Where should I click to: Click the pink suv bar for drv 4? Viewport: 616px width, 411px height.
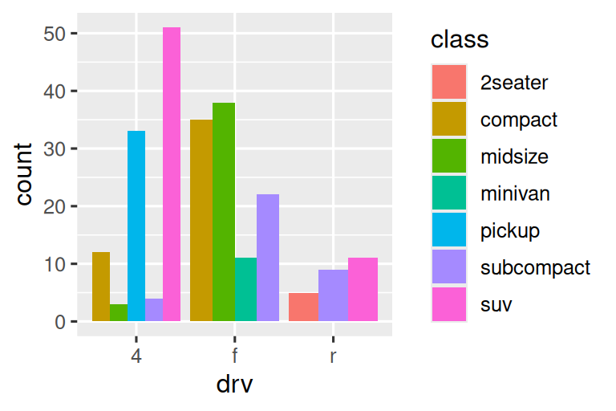[x=172, y=174]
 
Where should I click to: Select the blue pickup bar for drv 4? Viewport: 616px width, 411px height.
[x=136, y=226]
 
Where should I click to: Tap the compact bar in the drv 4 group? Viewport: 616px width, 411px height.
[x=101, y=287]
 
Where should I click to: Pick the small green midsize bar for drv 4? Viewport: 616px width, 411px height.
[x=119, y=313]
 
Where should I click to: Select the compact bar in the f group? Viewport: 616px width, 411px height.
[x=201, y=221]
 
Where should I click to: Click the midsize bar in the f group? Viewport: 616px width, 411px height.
[x=224, y=212]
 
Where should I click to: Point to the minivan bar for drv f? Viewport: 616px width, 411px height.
[x=245, y=290]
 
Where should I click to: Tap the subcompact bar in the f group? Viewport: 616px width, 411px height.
[x=268, y=258]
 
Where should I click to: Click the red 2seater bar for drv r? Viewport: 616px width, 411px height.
[x=303, y=307]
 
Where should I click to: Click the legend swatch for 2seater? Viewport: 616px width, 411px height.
[x=449, y=83]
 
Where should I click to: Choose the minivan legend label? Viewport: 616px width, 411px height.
[x=515, y=193]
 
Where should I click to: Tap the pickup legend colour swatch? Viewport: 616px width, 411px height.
[x=449, y=230]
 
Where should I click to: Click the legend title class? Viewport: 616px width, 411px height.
[x=460, y=39]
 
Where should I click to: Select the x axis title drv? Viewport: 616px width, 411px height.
[x=234, y=385]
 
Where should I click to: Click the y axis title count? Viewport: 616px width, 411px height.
[x=25, y=174]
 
